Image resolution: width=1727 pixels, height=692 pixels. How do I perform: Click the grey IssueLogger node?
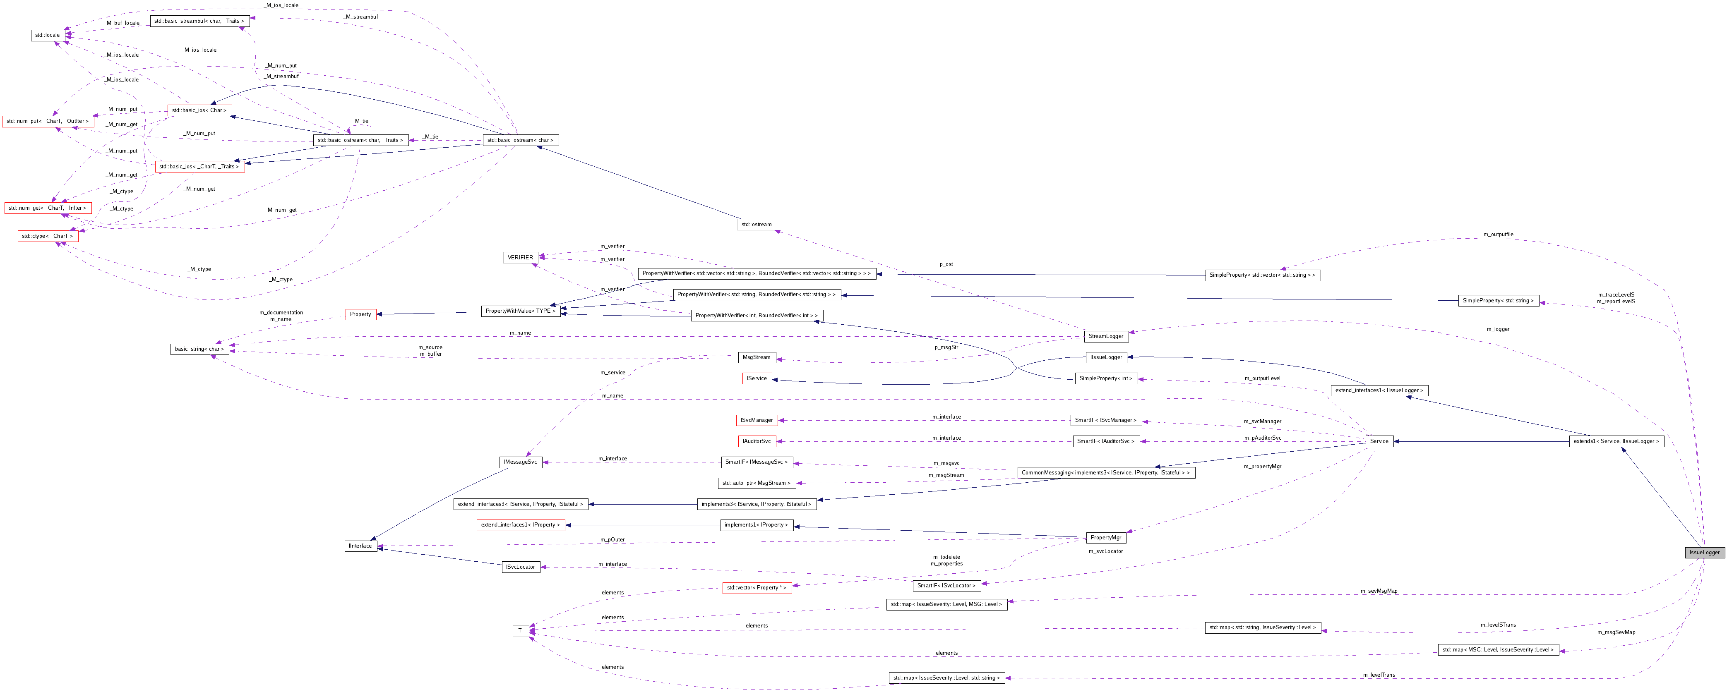click(1704, 553)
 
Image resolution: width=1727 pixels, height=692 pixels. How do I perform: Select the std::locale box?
click(48, 35)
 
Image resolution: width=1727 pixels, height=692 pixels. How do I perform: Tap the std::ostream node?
click(756, 225)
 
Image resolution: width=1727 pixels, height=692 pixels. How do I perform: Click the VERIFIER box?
click(520, 257)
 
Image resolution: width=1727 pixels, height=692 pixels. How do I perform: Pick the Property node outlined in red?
click(360, 314)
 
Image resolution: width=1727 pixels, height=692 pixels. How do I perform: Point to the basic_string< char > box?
click(199, 349)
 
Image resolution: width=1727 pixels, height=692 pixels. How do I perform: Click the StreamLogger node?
click(1105, 336)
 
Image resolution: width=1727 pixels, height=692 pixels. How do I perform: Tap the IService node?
click(757, 378)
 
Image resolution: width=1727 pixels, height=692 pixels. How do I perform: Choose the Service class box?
click(1379, 441)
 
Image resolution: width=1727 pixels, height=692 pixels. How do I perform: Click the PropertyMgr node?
click(1105, 537)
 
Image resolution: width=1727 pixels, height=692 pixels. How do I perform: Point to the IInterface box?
click(360, 546)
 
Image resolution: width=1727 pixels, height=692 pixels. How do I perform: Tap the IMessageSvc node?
click(520, 462)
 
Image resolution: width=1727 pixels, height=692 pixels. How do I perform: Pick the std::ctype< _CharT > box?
click(47, 236)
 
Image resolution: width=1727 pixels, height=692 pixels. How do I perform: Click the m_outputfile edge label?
click(1498, 235)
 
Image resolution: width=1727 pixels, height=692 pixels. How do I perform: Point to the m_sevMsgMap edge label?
click(1379, 591)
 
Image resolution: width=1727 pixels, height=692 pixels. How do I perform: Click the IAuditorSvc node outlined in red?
click(756, 441)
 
